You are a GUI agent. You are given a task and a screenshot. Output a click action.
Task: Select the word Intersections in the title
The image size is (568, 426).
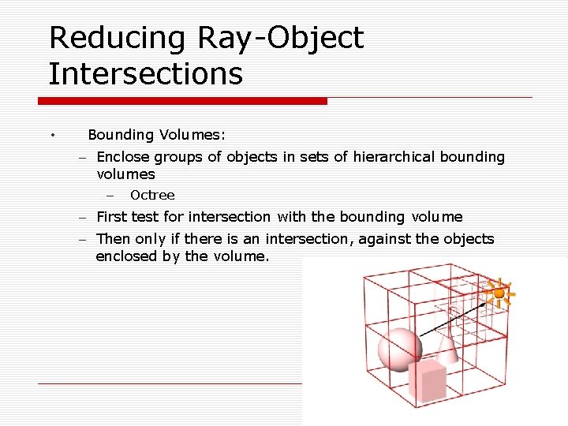pyautogui.click(x=145, y=74)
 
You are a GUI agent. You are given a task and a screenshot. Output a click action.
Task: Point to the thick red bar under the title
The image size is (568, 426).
pyautogui.click(x=182, y=101)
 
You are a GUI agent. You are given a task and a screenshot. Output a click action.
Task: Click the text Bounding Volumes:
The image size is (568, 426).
pyautogui.click(x=157, y=135)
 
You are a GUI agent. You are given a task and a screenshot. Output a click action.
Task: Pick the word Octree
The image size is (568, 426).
pyautogui.click(x=152, y=195)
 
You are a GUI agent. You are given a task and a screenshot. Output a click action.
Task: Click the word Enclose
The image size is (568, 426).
pyautogui.click(x=123, y=156)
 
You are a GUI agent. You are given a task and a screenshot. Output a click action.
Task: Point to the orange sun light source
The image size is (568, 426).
pyautogui.click(x=499, y=293)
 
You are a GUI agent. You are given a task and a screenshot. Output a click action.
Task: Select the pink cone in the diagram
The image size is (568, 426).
pyautogui.click(x=447, y=347)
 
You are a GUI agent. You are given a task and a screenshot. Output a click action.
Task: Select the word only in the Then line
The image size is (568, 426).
pyautogui.click(x=150, y=239)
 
